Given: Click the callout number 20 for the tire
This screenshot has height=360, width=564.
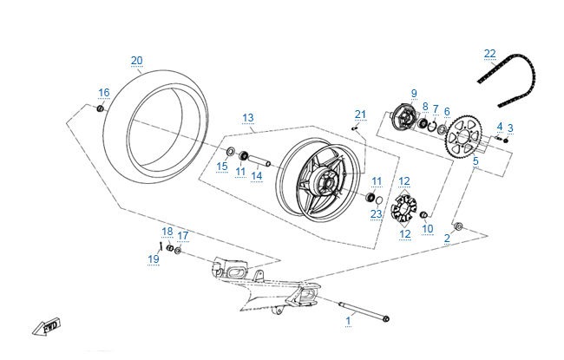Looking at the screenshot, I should click(136, 60).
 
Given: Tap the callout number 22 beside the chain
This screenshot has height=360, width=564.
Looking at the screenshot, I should click(490, 54).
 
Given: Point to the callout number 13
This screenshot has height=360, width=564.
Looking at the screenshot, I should click(247, 117).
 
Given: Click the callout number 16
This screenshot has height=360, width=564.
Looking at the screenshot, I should click(104, 92).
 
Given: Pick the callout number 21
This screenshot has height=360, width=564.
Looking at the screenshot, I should click(361, 114).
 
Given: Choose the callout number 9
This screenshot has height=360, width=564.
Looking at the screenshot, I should click(414, 93).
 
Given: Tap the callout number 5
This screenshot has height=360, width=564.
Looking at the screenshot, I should click(475, 160).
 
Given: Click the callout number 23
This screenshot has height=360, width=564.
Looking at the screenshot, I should click(376, 213).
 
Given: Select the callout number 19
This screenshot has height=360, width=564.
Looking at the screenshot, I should click(154, 259).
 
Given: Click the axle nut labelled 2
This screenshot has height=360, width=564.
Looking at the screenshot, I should click(459, 227).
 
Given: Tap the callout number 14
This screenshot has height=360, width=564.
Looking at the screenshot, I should click(256, 175).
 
